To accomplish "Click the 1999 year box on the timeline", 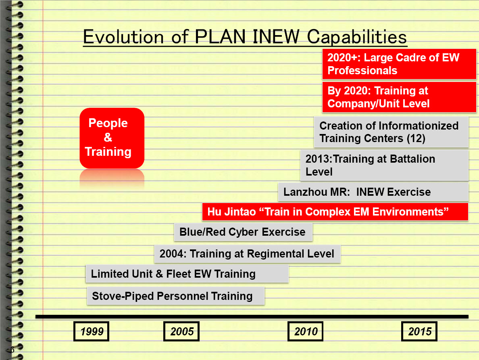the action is (x=91, y=331).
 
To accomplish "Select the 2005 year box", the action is (x=181, y=331).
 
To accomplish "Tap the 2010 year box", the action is (x=305, y=331).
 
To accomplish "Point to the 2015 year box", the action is (x=419, y=331).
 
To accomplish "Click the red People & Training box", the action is (x=112, y=138).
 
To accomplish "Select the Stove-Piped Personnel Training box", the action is (x=176, y=296).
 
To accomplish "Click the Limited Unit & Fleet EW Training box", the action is (x=187, y=274).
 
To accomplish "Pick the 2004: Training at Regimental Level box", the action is (x=248, y=253).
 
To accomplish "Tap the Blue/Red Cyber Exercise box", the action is (x=243, y=232).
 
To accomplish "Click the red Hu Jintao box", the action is (x=335, y=211).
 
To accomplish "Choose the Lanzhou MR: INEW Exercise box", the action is (x=373, y=192).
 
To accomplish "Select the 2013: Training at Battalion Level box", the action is (x=384, y=165).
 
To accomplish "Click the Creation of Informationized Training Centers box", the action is (x=391, y=132).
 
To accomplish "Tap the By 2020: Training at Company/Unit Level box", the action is (x=399, y=97).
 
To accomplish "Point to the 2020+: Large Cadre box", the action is (x=399, y=64).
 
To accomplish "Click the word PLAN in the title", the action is (x=220, y=37).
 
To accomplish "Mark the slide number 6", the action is (x=12, y=350).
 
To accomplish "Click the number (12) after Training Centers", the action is (x=416, y=138).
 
